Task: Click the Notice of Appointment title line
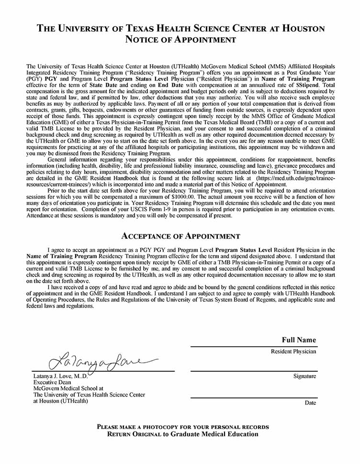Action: (180, 40)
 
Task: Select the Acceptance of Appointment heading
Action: (180, 236)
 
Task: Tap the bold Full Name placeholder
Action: (299, 340)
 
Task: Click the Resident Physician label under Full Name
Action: (293, 352)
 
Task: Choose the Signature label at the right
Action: (304, 376)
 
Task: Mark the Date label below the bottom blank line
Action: (310, 403)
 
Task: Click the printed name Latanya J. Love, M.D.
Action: (60, 376)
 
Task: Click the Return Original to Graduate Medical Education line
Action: (182, 434)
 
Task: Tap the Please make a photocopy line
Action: (182, 427)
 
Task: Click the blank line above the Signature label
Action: (253, 371)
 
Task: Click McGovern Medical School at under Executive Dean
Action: (68, 389)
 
